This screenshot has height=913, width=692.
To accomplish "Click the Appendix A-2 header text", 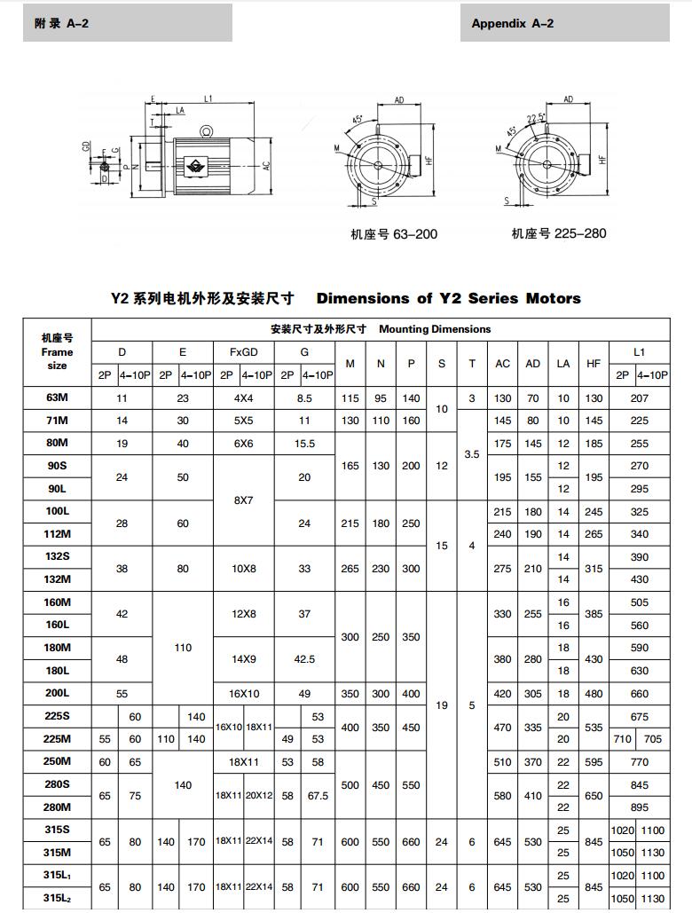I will coord(512,24).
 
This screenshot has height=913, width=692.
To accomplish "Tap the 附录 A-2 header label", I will coord(61,24).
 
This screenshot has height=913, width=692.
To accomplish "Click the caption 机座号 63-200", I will coord(394,234).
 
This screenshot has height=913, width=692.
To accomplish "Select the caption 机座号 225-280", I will coord(559,233).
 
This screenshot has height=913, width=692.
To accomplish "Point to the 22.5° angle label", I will coord(535,117).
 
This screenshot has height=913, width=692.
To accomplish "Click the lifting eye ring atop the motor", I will coord(208,131).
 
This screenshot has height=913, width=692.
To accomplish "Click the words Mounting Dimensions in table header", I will coord(435,328).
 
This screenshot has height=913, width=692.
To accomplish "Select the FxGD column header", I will coord(243,351).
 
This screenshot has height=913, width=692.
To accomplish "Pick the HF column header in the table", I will coord(594,363).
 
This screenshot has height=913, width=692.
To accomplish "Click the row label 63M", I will coord(58,397).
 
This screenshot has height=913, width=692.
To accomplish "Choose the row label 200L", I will coord(58,694).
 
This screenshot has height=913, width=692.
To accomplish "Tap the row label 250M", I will coord(58,762).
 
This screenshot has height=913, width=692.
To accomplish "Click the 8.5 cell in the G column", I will coord(304,398).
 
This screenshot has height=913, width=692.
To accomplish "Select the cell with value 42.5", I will coord(304,659).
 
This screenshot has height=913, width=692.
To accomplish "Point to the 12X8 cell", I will coord(243,614).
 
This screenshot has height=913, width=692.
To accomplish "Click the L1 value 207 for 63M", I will coord(640,398).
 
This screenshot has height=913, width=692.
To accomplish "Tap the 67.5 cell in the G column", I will coord(318,796).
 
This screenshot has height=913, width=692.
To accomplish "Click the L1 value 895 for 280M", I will coord(640,807).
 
